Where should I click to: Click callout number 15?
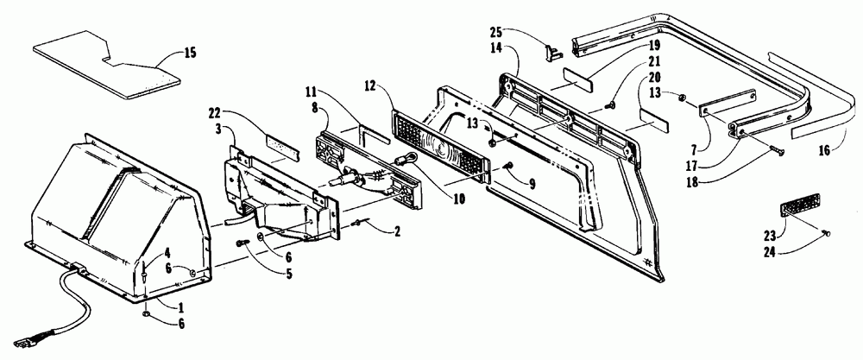click(190, 54)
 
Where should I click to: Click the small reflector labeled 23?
click(797, 211)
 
